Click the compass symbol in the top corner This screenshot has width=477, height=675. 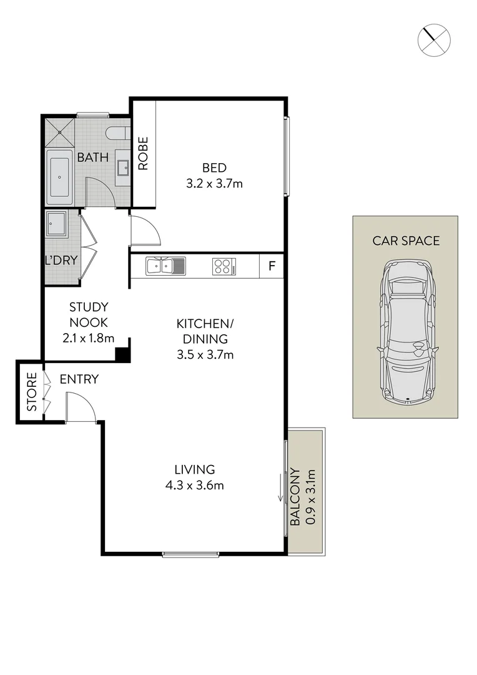(x=433, y=39)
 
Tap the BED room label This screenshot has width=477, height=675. (x=214, y=168)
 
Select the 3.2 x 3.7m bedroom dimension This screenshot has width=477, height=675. (x=214, y=184)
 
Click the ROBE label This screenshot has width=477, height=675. (x=143, y=153)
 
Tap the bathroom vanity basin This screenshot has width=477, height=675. (x=123, y=167)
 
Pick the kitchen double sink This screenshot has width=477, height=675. (x=165, y=266)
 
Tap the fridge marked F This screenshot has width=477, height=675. (x=272, y=266)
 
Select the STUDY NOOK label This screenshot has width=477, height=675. (x=88, y=315)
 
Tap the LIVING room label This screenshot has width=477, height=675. (x=194, y=469)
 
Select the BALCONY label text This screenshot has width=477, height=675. (x=295, y=497)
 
